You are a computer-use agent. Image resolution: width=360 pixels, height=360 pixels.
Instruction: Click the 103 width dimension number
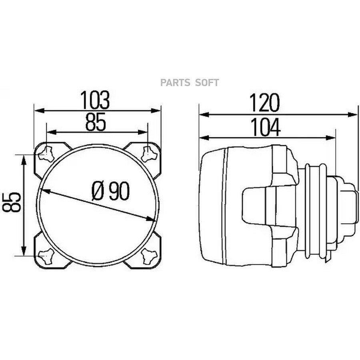(x=95, y=100)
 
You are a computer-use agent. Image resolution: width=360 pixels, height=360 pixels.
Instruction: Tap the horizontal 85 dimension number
(x=96, y=122)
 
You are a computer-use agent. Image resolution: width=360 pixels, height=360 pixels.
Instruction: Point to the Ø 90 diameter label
(x=110, y=191)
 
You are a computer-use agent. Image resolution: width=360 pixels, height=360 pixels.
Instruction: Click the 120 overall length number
(x=264, y=103)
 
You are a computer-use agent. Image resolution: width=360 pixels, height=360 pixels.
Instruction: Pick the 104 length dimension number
(x=265, y=127)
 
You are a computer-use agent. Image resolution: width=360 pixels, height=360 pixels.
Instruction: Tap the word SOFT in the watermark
(x=207, y=83)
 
